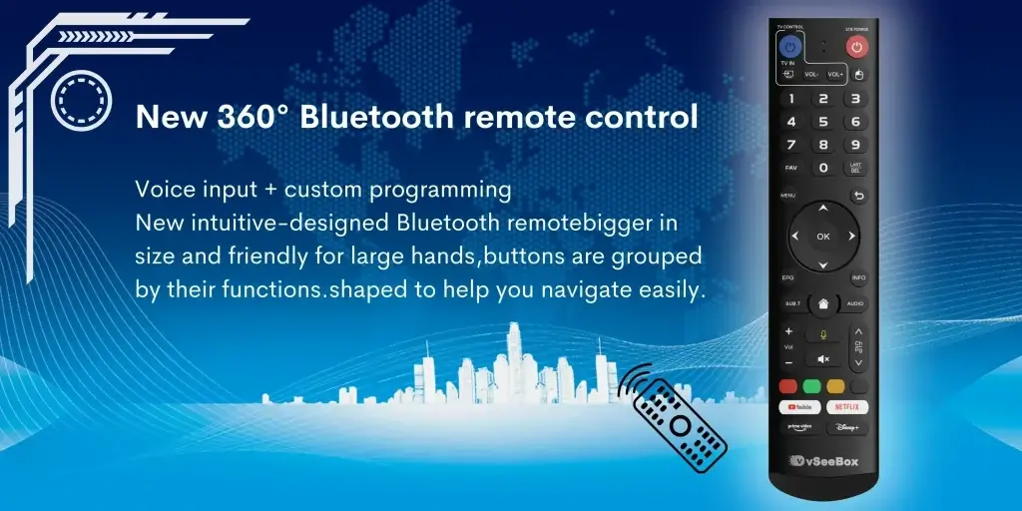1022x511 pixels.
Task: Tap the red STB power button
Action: coord(857,47)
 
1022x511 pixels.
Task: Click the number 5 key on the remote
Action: coord(823,122)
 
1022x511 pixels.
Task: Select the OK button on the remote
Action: coord(823,237)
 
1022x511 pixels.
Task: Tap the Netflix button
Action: coord(846,406)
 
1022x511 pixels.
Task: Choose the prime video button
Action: coord(800,427)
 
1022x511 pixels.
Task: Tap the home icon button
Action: coord(823,302)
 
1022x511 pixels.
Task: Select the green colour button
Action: coord(811,385)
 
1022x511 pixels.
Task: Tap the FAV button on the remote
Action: coord(791,168)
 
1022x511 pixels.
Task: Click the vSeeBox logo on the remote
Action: coord(823,460)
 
